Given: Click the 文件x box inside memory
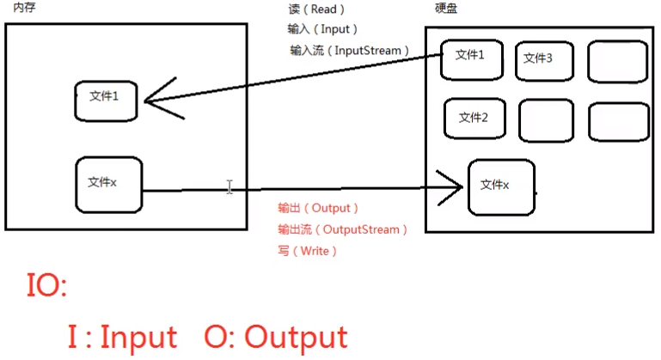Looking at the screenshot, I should pos(107,183).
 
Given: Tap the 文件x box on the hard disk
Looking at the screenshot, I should pos(500,186).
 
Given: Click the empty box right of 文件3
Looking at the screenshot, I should pos(617,59).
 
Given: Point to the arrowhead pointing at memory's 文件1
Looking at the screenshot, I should pos(155,100).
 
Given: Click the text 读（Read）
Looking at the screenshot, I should pos(316,9).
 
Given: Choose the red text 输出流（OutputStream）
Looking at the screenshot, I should pos(342,229).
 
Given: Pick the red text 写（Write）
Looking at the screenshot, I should pos(308,251).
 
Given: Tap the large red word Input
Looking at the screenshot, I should pos(138,337).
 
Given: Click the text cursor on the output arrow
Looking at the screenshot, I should pos(230,187).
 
